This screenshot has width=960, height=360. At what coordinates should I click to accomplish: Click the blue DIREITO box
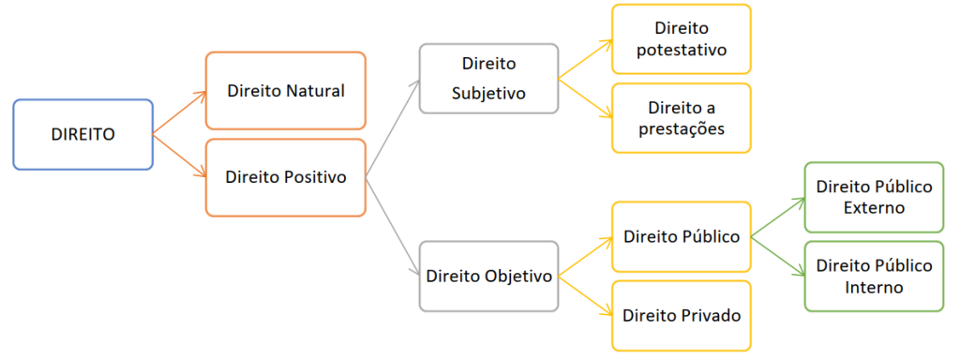click(x=82, y=135)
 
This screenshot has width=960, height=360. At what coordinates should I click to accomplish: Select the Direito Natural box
click(x=286, y=91)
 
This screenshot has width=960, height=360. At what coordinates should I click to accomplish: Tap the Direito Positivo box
click(x=286, y=177)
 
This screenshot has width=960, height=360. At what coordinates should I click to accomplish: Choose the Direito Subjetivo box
click(x=488, y=79)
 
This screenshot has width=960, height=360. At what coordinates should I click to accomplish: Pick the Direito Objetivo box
click(x=488, y=277)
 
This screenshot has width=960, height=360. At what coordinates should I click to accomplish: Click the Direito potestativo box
click(x=681, y=39)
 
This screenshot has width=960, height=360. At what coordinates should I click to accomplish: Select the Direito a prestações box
click(x=681, y=118)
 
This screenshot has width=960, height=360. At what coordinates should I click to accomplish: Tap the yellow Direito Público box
click(x=681, y=237)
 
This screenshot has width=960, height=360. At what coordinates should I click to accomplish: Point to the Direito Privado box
click(x=681, y=316)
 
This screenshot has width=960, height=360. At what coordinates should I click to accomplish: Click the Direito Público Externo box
click(x=874, y=197)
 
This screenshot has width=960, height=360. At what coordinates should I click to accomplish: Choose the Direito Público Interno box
click(x=874, y=277)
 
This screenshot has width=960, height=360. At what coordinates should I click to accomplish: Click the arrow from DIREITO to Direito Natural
click(x=179, y=112)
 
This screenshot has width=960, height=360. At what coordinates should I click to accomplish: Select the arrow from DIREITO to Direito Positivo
click(x=179, y=157)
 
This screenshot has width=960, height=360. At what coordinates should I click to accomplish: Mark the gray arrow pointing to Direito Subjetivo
click(x=393, y=127)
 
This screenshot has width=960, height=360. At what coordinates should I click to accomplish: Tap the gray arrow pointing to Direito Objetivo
click(x=393, y=227)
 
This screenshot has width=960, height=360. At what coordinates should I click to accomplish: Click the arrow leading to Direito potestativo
click(x=585, y=59)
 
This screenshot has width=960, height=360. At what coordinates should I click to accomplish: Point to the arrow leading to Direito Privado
click(x=585, y=296)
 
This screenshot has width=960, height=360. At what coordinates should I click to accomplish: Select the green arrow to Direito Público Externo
click(x=777, y=217)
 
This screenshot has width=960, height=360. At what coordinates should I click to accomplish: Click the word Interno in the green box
click(x=874, y=287)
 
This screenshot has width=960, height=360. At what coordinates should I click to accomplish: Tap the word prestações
click(x=681, y=129)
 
